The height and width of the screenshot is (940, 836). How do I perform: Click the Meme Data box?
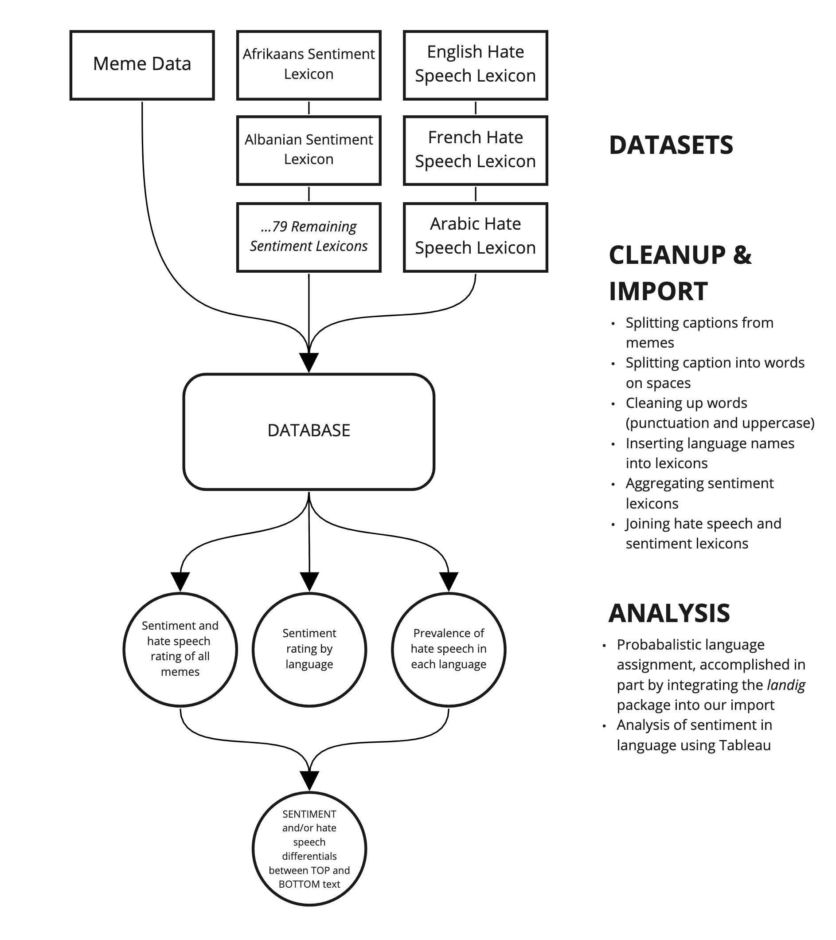pos(142,65)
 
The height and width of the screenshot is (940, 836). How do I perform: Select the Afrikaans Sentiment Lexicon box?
pos(309,65)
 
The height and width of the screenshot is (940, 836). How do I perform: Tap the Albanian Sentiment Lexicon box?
pos(309,150)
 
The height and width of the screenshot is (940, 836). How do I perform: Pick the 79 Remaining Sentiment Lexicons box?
pos(309,237)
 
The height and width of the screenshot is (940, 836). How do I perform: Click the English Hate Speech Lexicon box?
pos(475,65)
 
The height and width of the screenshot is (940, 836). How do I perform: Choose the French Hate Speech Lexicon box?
pos(475,150)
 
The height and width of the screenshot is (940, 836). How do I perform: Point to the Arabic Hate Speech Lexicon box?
pos(475,237)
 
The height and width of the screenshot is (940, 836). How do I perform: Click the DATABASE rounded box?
pos(309,431)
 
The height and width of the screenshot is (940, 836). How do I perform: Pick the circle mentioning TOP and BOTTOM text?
pos(309,849)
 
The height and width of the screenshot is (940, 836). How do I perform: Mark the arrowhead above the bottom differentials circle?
pos(309,780)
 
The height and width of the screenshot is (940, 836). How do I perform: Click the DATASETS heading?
pos(671,145)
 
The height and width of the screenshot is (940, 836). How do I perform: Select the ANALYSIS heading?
pos(668,613)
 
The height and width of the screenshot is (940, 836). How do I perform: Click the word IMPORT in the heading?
pos(658,292)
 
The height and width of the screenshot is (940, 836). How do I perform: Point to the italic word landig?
pos(786,685)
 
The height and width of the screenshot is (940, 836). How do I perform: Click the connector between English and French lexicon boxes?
pos(475,108)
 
